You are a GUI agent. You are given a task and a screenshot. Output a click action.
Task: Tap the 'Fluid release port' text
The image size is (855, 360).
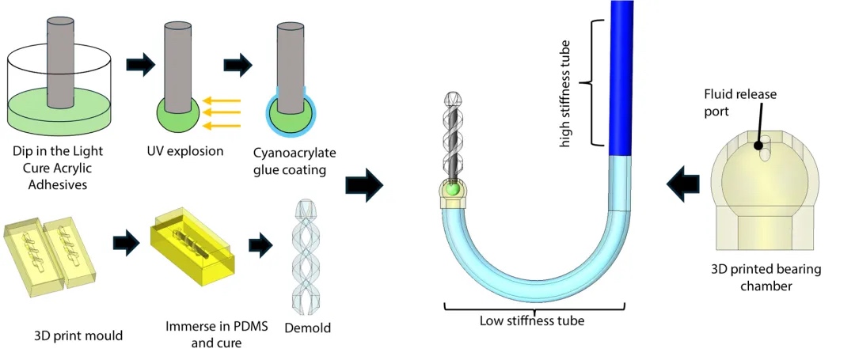click(x=740, y=102)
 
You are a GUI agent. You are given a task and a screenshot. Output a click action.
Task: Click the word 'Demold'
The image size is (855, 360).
click(x=307, y=327)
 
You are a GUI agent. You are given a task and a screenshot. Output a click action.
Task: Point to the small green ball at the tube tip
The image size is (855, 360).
click(x=451, y=190)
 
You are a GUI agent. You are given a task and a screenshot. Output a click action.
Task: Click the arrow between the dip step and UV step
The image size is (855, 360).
click(x=140, y=66)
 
